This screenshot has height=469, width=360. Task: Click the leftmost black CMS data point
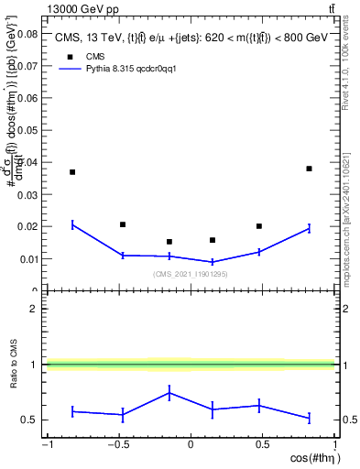coord(72,172)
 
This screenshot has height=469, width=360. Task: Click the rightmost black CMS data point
coord(309,169)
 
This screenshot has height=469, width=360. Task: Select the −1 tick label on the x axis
coord(47,445)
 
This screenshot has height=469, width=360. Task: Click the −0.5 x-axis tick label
coord(118,445)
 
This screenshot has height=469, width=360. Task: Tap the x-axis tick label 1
coord(334,445)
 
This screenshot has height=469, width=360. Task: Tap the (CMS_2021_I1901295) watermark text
coord(190,274)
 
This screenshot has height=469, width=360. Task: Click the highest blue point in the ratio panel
coord(169,393)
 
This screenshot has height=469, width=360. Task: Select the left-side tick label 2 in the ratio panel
coord(34,309)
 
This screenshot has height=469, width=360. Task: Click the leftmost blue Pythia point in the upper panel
coord(72,224)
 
